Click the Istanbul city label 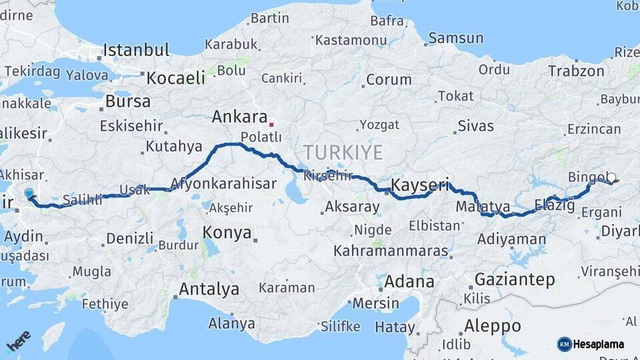pos(136,49)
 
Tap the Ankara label pos(239,117)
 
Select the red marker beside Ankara pos(271,124)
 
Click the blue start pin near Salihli pos(29,193)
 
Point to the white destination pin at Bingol pos(611,177)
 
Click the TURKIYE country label pos(343,153)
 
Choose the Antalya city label pos(209,289)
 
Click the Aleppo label pos(493,326)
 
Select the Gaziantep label pos(515,279)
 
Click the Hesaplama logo pos(591,344)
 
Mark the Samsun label pos(455,38)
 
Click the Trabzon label pos(576,71)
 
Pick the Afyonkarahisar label pos(223,183)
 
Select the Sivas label pos(475,126)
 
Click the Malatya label pos(483,207)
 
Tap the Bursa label pos(128,102)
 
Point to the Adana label pos(409,281)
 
